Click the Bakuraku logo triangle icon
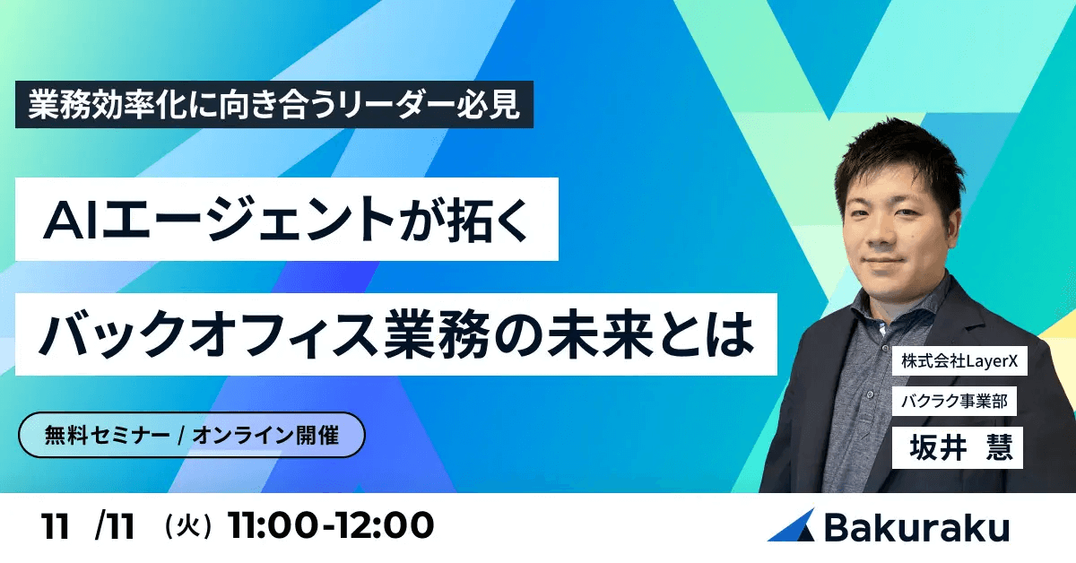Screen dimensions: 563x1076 tap(792, 525)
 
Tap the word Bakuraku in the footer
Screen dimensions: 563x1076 tap(915, 526)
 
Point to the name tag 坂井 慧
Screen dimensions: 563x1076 tap(957, 446)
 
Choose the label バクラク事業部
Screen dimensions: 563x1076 tap(954, 403)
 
